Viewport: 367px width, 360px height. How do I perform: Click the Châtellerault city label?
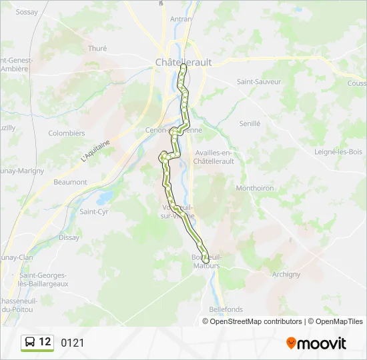pyautogui.click(x=183, y=62)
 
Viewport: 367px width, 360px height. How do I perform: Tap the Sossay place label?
pyautogui.click(x=27, y=12)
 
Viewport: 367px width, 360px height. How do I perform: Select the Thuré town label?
pyautogui.click(x=97, y=48)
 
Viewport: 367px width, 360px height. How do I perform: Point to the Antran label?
pyautogui.click(x=181, y=19)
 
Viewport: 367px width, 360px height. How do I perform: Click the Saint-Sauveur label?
pyautogui.click(x=259, y=81)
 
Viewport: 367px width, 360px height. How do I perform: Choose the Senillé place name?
pyautogui.click(x=250, y=123)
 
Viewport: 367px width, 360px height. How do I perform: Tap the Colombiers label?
pyautogui.click(x=67, y=133)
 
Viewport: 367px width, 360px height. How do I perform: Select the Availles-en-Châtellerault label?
pyautogui.click(x=214, y=157)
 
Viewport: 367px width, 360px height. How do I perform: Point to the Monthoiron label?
pyautogui.click(x=255, y=188)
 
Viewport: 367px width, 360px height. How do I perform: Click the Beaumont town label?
pyautogui.click(x=70, y=182)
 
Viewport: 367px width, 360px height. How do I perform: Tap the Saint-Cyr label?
pyautogui.click(x=94, y=212)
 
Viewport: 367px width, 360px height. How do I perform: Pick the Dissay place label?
pyautogui.click(x=69, y=237)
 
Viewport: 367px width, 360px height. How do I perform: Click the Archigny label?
pyautogui.click(x=286, y=274)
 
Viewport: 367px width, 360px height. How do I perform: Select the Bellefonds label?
pyautogui.click(x=226, y=309)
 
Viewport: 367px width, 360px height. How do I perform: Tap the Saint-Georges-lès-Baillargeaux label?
pyautogui.click(x=43, y=279)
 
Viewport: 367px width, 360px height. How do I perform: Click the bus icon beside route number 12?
pyautogui.click(x=30, y=343)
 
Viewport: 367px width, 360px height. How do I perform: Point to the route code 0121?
pyautogui.click(x=73, y=343)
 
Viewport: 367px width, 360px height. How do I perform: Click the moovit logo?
pyautogui.click(x=316, y=343)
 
